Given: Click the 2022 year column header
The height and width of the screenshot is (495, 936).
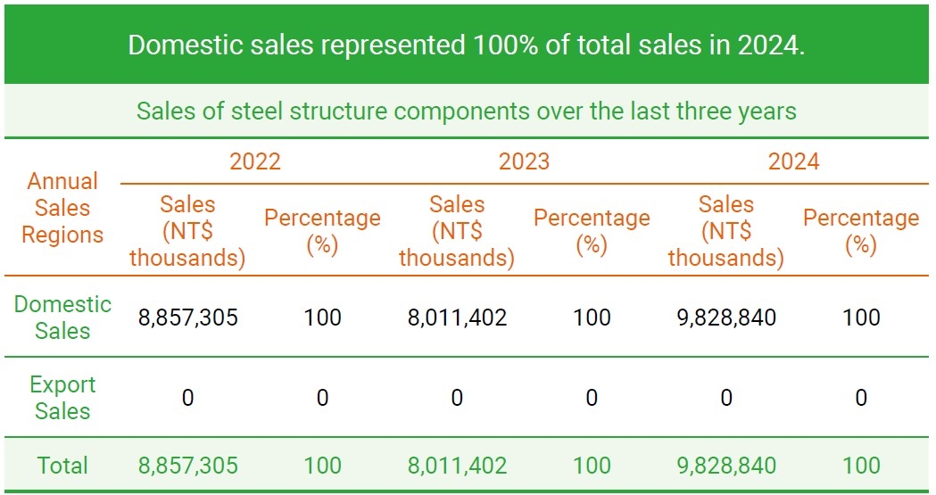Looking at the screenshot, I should [x=255, y=161].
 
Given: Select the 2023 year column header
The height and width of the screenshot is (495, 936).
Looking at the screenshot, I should [x=524, y=161].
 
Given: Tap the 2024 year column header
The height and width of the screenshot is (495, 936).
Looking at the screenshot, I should [x=793, y=161].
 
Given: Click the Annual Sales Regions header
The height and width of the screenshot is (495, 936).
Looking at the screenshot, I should [x=62, y=208].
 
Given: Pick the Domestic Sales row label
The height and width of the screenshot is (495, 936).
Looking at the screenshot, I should [x=62, y=317].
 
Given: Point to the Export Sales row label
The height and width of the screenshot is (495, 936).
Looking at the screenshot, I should [x=62, y=398].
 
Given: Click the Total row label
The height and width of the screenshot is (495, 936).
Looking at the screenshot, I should [x=62, y=466].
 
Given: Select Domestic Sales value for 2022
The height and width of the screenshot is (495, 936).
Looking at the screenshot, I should [x=188, y=318].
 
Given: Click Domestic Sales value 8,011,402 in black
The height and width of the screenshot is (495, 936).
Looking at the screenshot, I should [x=457, y=318].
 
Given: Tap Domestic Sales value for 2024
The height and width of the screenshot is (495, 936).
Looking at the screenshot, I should [x=726, y=318].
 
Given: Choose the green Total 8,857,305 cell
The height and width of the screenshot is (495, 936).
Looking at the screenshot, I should [x=188, y=466].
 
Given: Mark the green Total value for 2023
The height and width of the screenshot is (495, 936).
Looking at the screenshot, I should [x=457, y=466].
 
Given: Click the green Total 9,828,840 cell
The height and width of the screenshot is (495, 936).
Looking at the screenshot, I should [x=726, y=466].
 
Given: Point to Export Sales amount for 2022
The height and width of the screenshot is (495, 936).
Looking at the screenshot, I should [x=188, y=398].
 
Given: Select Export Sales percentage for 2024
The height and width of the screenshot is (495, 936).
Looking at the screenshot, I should [x=861, y=398].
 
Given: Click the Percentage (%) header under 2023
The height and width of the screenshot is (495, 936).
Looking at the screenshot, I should [x=592, y=231].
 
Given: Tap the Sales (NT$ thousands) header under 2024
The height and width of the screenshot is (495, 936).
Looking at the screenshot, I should [x=726, y=231].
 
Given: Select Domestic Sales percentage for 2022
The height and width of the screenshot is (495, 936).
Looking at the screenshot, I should [x=322, y=318].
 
